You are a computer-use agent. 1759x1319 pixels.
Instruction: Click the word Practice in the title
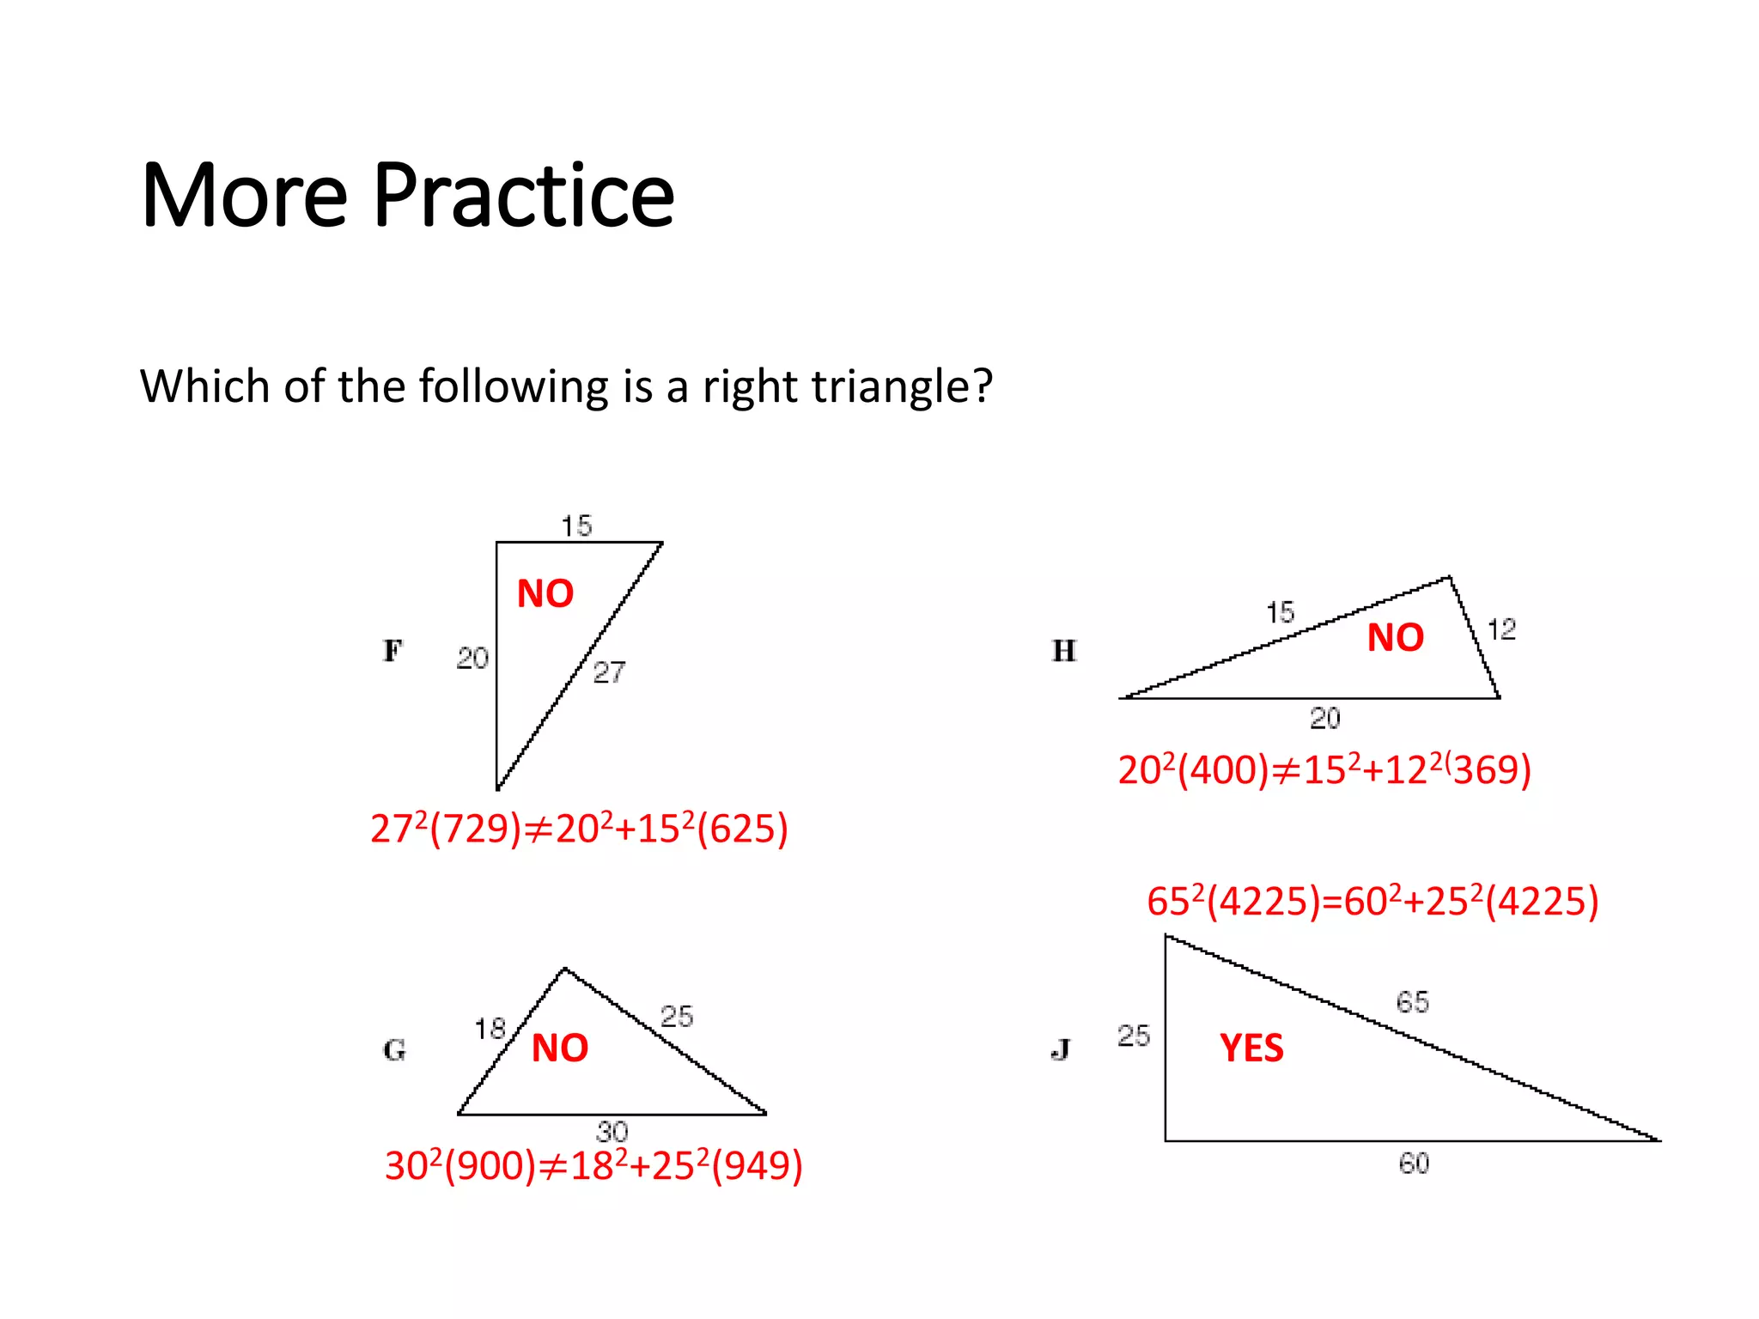coord(523,197)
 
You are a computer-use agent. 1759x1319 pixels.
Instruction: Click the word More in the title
coord(244,197)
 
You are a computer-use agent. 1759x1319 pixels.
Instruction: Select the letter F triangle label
coord(392,651)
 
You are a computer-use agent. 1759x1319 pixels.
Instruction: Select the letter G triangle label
coord(394,1049)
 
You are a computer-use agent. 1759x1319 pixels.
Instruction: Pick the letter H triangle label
coord(1064,651)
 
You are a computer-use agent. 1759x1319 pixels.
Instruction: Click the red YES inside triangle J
coord(1251,1049)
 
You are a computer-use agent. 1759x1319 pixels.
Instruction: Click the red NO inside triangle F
coord(545,593)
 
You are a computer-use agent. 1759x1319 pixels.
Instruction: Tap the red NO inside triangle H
coord(1396,638)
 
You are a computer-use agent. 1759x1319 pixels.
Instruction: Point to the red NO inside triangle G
coord(560,1048)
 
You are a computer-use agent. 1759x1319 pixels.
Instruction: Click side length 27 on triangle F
coord(609,672)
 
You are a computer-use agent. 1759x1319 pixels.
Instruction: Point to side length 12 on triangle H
coord(1502,629)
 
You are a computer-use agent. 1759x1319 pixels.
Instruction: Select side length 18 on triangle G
coord(490,1028)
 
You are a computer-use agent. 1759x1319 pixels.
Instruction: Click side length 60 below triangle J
coord(1414,1164)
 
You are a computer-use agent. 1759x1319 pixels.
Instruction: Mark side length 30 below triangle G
coord(612,1131)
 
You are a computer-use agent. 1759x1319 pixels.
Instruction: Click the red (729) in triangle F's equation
coord(476,830)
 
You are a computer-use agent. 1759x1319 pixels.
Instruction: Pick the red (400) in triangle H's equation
coord(1223,770)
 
